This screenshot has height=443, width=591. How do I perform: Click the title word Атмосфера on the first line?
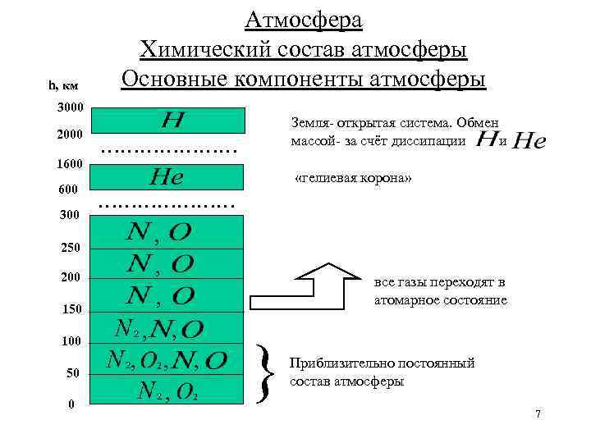tap(304, 19)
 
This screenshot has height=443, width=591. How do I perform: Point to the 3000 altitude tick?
tap(71, 108)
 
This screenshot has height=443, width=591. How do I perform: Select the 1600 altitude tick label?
tap(71, 164)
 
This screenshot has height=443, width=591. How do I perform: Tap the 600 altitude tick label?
tap(68, 190)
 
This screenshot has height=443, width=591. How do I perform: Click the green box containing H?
tap(167, 120)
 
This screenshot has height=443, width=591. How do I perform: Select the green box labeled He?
tap(167, 176)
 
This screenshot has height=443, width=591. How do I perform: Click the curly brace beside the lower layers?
tap(265, 373)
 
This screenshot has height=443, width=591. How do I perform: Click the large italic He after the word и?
tap(528, 142)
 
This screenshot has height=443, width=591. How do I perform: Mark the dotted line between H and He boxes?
tap(167, 148)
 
